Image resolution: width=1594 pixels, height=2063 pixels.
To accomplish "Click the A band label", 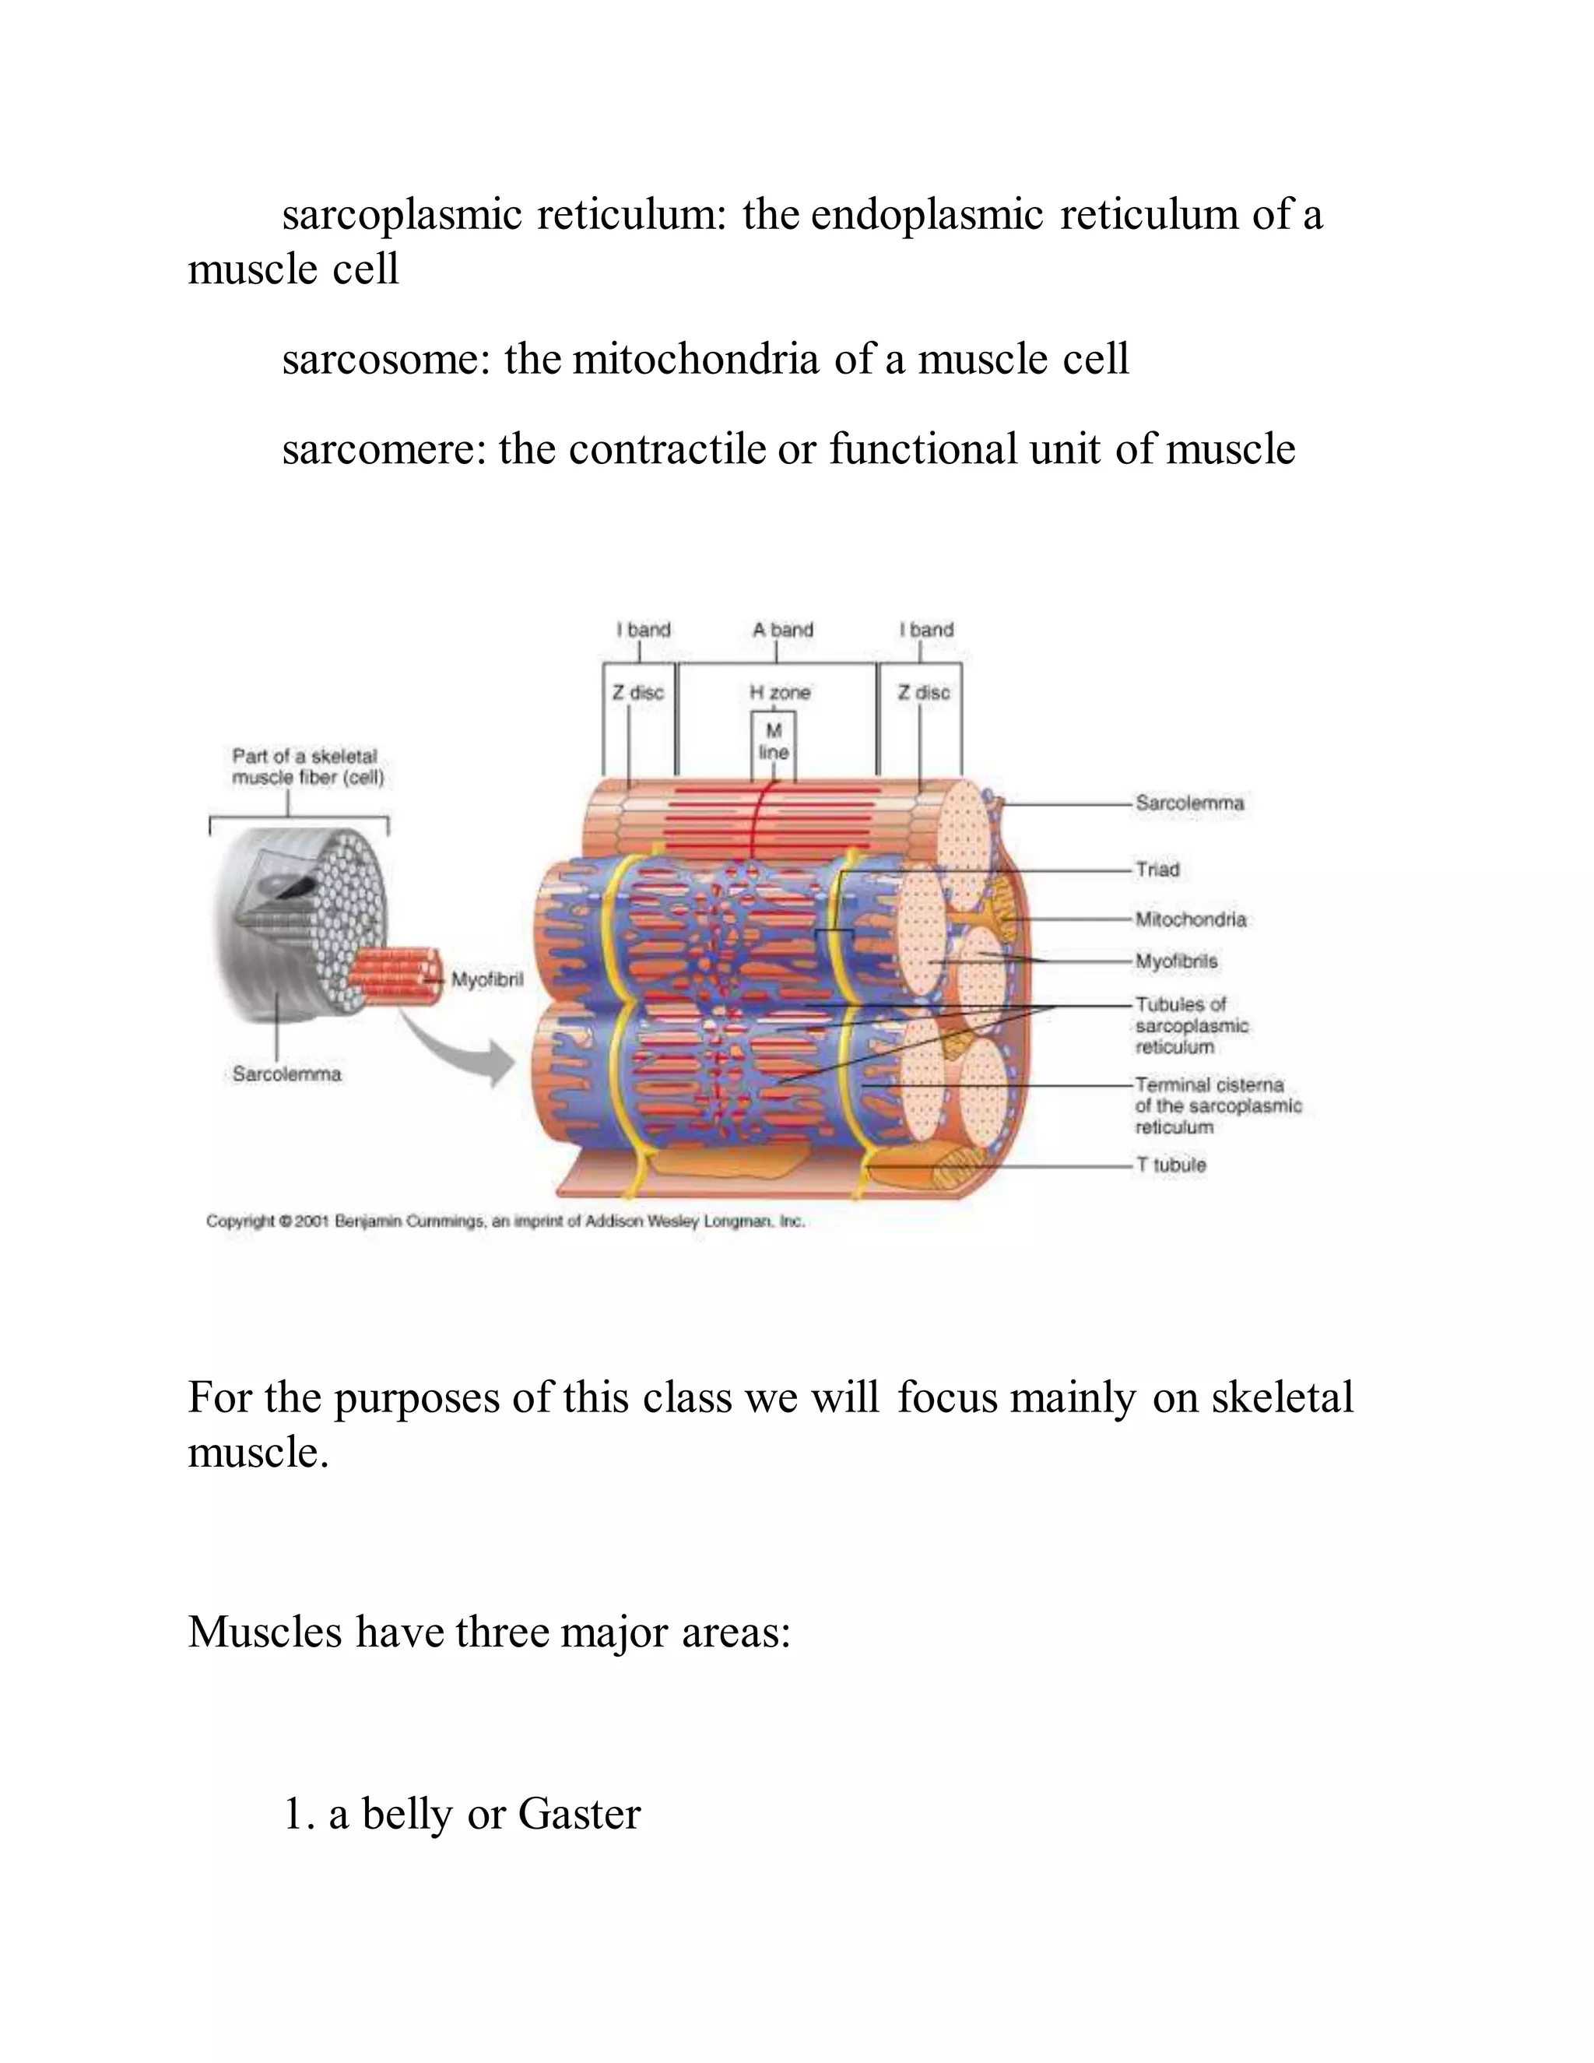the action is (782, 629).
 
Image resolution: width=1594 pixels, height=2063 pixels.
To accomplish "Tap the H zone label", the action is (779, 692).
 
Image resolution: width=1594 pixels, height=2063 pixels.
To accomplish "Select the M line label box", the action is (774, 741).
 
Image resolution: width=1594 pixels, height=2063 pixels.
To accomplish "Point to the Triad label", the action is (1157, 869).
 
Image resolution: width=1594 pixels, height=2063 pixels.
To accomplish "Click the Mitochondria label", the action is (1190, 919).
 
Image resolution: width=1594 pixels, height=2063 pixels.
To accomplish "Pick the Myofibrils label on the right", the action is (1176, 961).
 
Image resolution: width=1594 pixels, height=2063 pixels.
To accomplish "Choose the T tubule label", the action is (1171, 1165).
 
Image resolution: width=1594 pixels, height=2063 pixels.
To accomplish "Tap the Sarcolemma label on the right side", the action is (1189, 803).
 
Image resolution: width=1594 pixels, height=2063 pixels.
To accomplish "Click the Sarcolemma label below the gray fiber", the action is (286, 1074).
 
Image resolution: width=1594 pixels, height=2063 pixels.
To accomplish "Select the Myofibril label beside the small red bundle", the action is (486, 979).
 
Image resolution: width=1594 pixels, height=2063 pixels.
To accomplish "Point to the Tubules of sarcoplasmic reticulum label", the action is (1191, 1026).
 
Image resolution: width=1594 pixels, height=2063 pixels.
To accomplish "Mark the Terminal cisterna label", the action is (1217, 1105).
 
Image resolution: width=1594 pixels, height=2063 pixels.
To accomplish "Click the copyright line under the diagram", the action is (505, 1221).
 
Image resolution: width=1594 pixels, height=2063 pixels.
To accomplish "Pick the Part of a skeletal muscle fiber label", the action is (307, 767).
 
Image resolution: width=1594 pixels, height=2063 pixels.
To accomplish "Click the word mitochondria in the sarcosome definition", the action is (695, 360).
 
